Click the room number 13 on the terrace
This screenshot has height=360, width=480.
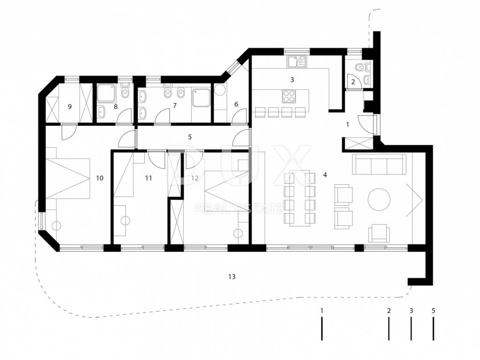(232, 277)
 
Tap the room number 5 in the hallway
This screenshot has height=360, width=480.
(190, 137)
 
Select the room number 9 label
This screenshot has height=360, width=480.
(70, 106)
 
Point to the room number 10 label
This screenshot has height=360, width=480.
(99, 178)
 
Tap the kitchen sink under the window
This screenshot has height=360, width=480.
(297, 62)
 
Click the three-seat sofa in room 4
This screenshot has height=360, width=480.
(379, 164)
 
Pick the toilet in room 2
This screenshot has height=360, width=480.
(359, 66)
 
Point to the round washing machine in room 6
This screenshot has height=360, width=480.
(219, 90)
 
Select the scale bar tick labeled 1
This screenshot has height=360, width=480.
(322, 329)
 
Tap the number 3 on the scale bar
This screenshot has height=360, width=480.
(411, 311)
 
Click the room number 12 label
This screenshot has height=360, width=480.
(195, 178)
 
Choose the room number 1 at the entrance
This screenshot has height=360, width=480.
(347, 125)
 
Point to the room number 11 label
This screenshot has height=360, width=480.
(149, 178)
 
